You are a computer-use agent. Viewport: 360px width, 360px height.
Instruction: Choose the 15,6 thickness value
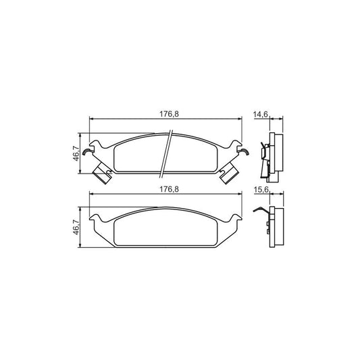click(261, 190)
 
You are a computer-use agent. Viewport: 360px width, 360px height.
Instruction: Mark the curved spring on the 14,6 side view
click(262, 152)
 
